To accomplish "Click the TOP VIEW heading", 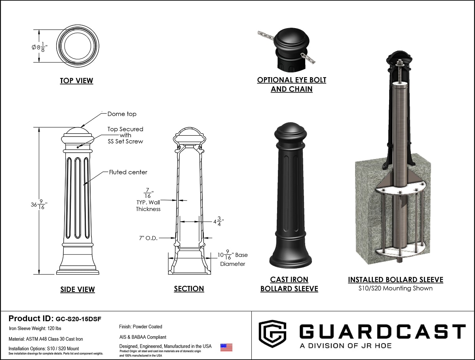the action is [76, 80].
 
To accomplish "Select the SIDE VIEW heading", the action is [78, 289].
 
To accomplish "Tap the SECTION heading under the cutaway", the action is [189, 289].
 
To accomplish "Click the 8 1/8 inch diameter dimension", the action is [40, 47].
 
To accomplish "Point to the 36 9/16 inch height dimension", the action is [39, 205].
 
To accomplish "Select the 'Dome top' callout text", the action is [122, 114].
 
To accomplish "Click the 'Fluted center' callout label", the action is [128, 172].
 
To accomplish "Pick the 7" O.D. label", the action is [148, 238].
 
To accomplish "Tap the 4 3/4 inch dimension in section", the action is [218, 222].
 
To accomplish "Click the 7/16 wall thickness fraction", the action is [148, 193].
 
